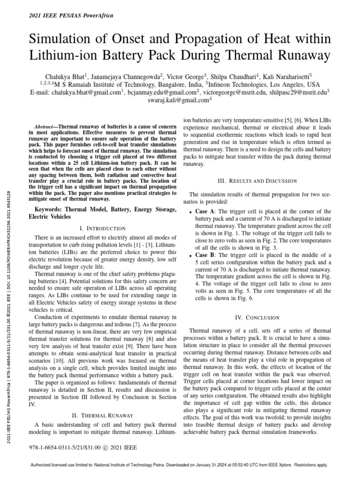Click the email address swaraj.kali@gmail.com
click(x=179, y=100)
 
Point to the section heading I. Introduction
click(x=100, y=228)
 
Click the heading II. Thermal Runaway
click(x=100, y=415)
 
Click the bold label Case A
click(x=205, y=211)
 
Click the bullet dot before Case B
click(x=190, y=256)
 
